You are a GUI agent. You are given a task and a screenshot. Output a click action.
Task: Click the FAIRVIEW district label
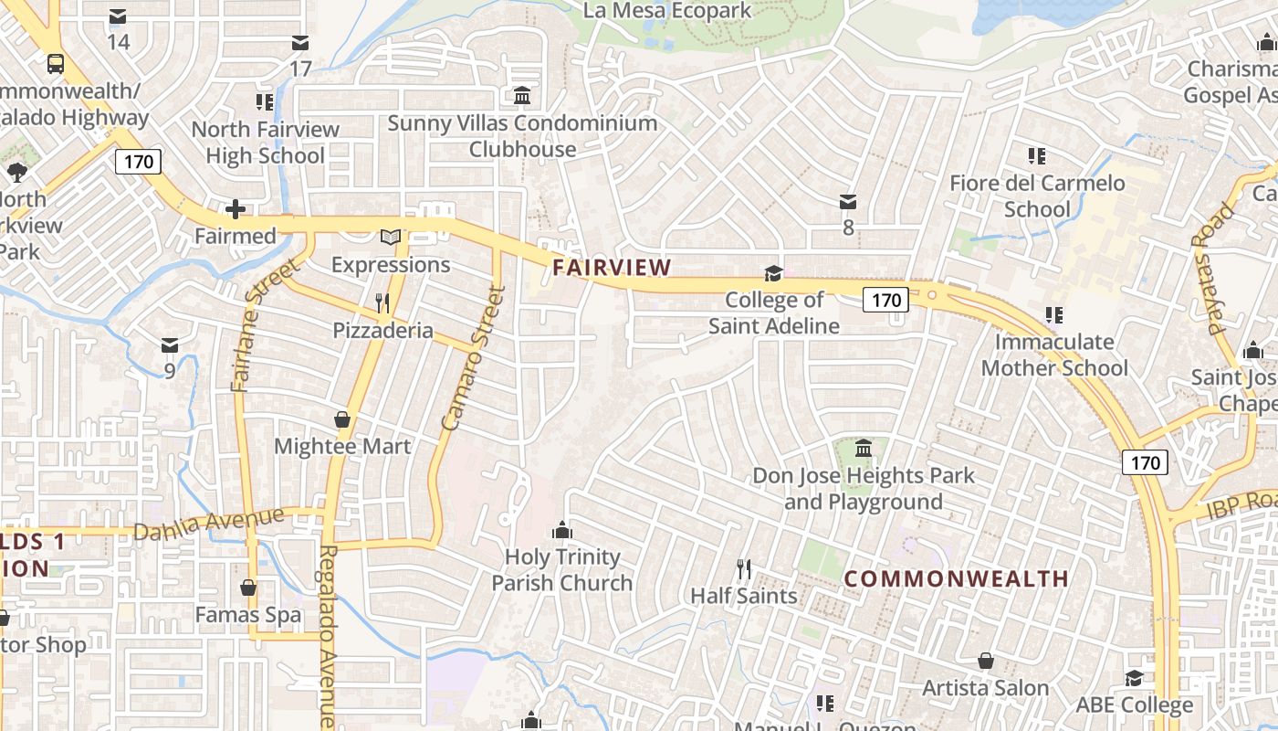(x=612, y=268)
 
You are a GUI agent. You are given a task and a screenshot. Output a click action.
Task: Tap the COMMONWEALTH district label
(x=956, y=578)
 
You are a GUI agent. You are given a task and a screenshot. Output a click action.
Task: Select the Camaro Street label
(x=472, y=359)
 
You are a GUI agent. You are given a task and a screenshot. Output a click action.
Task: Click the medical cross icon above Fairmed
(x=236, y=210)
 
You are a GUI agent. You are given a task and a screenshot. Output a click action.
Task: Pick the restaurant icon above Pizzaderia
(x=382, y=303)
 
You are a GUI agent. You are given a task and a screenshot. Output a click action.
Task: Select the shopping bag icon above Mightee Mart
(x=342, y=419)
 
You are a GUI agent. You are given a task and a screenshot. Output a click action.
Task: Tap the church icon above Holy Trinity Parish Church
(x=562, y=530)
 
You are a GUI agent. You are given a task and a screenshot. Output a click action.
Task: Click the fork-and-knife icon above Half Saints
(x=744, y=569)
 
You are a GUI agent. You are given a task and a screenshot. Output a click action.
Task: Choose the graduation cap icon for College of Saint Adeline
(x=773, y=273)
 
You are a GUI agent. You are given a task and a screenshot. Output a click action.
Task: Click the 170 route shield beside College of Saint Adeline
(x=885, y=300)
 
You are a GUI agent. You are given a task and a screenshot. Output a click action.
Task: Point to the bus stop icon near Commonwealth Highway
(x=56, y=63)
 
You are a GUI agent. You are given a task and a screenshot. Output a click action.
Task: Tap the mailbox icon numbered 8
(x=848, y=201)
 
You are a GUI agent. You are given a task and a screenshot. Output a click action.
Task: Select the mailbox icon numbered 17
(x=300, y=43)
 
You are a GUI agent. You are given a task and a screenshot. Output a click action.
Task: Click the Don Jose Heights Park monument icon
(x=864, y=449)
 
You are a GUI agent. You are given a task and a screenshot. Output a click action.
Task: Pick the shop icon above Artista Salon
(x=986, y=661)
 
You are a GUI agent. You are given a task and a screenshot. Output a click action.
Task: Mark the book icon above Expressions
(x=391, y=238)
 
